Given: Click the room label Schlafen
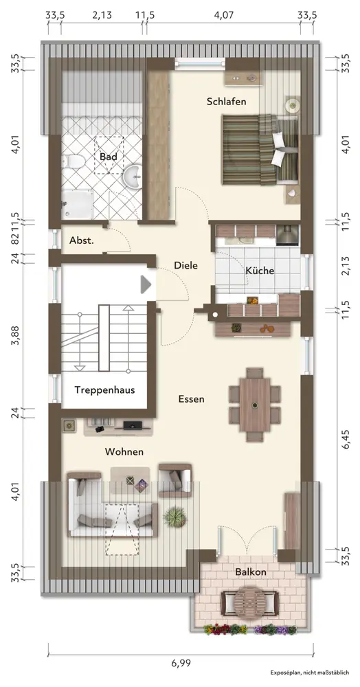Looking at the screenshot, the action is [x=227, y=102].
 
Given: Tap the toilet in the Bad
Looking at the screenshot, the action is [x=72, y=161].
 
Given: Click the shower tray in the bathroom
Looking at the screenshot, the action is [x=77, y=204].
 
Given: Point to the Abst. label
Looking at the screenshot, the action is [x=82, y=240].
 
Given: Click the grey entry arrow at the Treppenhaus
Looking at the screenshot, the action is [x=146, y=285].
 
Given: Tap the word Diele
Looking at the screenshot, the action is [x=185, y=265].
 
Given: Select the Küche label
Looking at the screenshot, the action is [x=260, y=271].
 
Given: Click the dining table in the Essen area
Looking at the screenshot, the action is [x=254, y=405].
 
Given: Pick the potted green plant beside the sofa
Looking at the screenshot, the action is [x=175, y=517].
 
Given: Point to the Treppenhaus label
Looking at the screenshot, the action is [x=104, y=390].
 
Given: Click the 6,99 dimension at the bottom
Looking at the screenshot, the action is [x=181, y=663].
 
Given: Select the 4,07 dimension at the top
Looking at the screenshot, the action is [x=223, y=15].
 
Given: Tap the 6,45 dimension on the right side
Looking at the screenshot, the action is [x=347, y=438].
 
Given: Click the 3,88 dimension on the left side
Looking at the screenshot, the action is [x=15, y=335].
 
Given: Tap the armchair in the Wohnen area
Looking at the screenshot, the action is [x=175, y=481].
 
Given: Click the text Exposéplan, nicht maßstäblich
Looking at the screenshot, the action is [x=310, y=672].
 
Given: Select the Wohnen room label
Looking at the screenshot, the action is [x=124, y=452].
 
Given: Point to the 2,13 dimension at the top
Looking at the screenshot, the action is [x=102, y=15].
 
